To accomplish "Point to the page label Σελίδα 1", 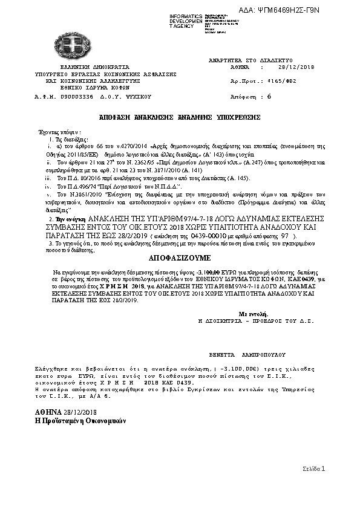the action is point(314,468).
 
